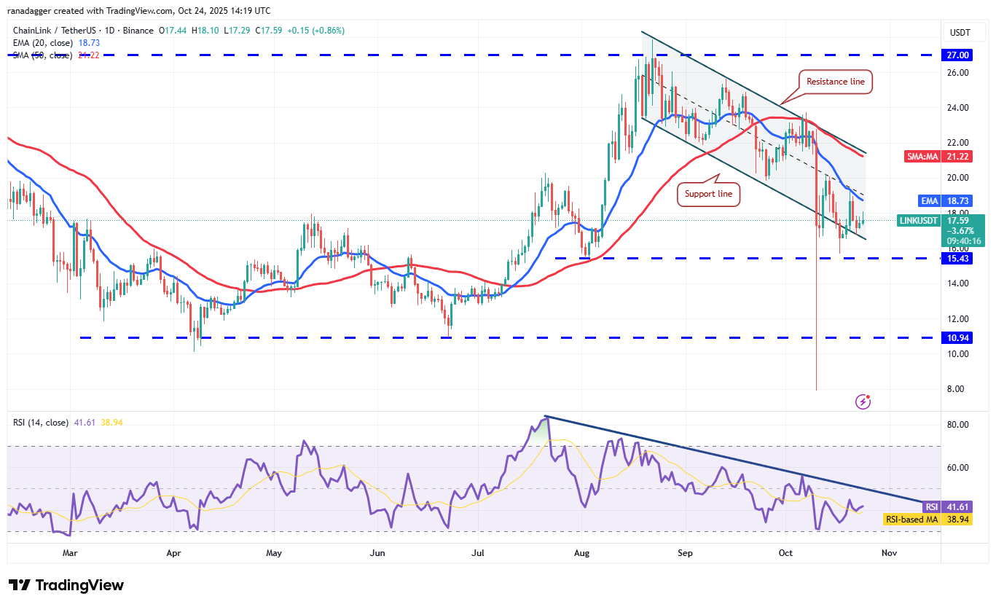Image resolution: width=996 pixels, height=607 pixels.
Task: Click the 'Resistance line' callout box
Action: coord(835,82)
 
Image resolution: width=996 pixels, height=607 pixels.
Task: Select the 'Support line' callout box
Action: coord(710,194)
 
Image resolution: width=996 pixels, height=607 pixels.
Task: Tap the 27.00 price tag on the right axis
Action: coord(957,55)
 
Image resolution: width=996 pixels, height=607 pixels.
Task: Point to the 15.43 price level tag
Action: coord(957,258)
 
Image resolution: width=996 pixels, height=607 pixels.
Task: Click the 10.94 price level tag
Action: coord(957,337)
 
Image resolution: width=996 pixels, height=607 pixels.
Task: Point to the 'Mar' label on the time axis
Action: coord(70,553)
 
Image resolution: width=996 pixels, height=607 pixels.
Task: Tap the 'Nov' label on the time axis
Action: coord(889,553)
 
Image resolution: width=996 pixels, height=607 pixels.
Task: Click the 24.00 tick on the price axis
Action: coord(957,108)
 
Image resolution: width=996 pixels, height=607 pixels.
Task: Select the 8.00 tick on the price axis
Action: coord(957,389)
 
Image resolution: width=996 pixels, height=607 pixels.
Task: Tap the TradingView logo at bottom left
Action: coord(66,585)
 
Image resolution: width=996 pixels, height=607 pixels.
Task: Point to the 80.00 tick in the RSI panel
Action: coord(957,425)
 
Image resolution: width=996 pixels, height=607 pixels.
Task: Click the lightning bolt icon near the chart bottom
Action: coord(863,401)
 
